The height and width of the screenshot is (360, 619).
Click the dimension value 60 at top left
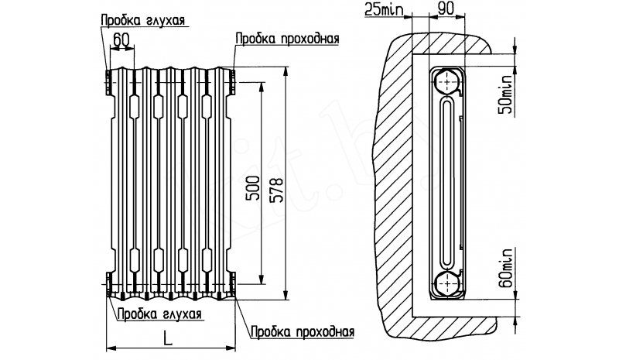tap(120, 39)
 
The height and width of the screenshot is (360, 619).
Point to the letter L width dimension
tap(169, 337)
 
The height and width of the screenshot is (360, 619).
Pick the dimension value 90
tap(446, 10)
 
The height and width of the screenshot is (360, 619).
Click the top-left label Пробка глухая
tap(142, 19)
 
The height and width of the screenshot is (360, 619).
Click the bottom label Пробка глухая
tap(160, 314)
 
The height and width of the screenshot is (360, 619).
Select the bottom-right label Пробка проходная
tap(302, 332)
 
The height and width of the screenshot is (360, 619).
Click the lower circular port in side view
tap(446, 283)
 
